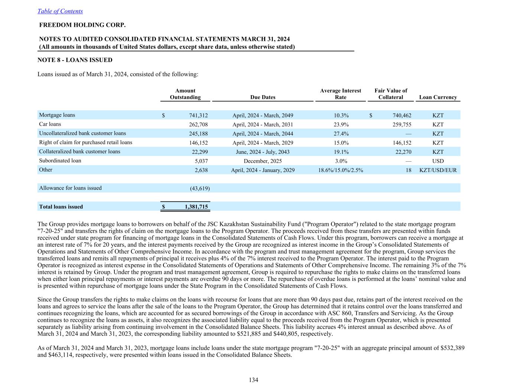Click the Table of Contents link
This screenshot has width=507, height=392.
pos(60,11)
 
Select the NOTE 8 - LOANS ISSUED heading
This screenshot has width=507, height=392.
pos(75,60)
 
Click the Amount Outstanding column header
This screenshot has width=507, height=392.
pos(185,94)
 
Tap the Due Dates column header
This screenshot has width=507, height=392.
pos(263,97)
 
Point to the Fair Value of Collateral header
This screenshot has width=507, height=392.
pos(390,94)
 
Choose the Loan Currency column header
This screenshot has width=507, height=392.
pos(438,97)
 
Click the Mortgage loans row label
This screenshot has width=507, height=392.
pos(57,115)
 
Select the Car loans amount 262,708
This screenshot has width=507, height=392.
pos(198,124)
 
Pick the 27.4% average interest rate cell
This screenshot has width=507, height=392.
pos(341,134)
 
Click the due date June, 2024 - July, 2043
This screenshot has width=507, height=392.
pos(263,152)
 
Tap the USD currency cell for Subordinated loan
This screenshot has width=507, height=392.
pos(438,161)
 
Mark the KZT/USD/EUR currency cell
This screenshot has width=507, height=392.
pos(438,170)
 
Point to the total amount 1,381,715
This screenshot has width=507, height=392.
pos(196,207)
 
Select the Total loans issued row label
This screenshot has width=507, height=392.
pos(61,207)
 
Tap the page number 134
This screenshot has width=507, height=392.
pos(253,380)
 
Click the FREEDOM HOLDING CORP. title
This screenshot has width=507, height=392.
pos(82,25)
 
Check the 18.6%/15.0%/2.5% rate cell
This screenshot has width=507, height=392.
pos(341,170)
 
